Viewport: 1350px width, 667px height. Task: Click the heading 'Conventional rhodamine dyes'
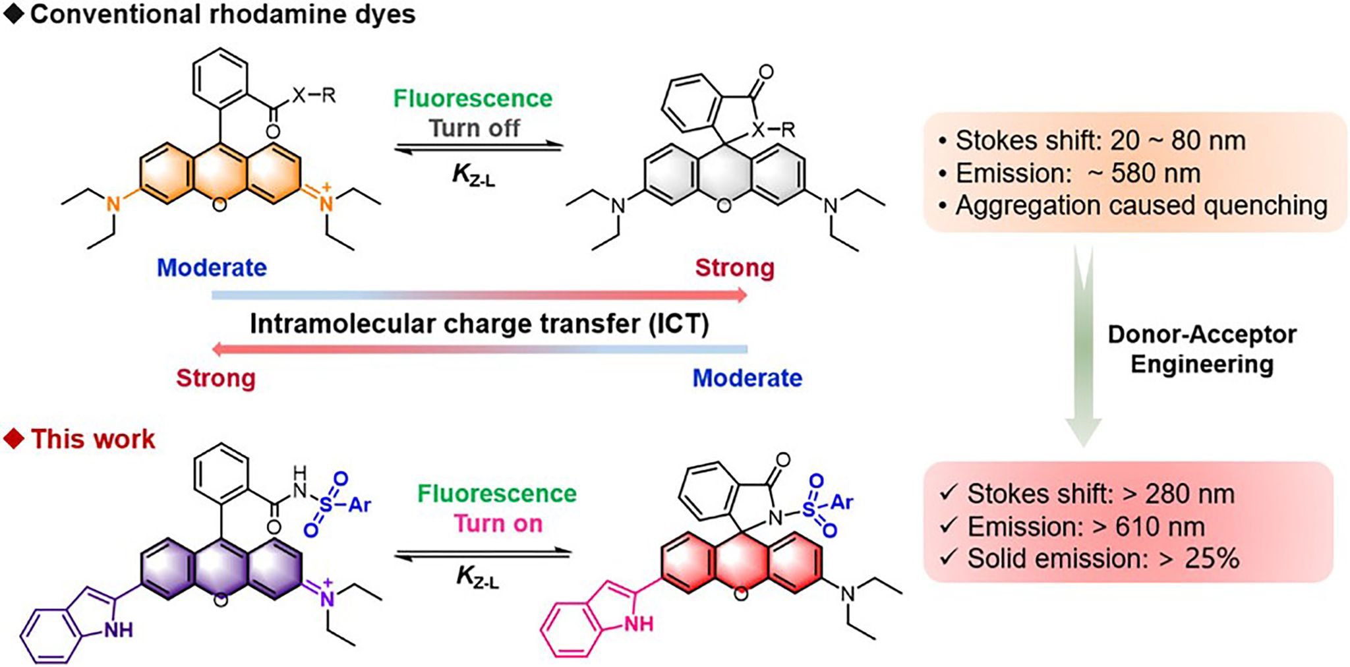pos(222,14)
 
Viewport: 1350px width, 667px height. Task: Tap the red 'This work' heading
pos(92,439)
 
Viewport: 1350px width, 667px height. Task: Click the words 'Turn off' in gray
pos(475,128)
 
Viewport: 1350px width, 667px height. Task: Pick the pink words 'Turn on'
pos(498,524)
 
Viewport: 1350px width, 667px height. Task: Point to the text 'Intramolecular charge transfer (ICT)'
pos(479,324)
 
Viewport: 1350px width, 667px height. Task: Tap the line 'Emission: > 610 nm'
pos(1086,527)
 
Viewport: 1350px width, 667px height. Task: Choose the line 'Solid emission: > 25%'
pos(1103,559)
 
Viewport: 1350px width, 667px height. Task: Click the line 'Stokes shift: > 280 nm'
pos(1100,494)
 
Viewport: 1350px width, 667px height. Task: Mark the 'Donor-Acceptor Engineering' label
pos(1202,349)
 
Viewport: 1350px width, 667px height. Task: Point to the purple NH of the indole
pos(118,630)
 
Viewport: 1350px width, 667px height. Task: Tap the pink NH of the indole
pos(637,623)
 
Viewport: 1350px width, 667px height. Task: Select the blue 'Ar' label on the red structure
pos(842,502)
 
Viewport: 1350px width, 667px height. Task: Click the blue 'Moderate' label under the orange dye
pos(212,268)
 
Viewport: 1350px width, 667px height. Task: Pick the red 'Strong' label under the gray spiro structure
pos(734,268)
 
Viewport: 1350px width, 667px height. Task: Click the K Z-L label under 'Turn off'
pos(474,175)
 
